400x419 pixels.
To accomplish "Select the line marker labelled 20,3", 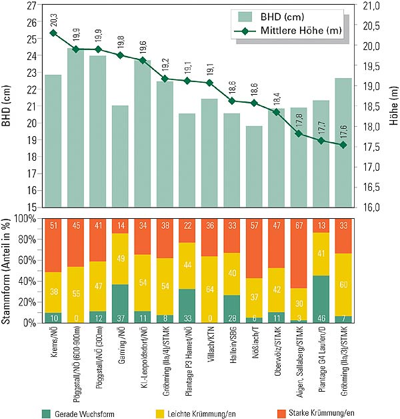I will point(53,33).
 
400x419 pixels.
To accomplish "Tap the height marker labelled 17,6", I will point(343,145).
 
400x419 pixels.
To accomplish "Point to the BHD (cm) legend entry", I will point(272,16).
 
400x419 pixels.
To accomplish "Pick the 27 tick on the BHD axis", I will point(31,5).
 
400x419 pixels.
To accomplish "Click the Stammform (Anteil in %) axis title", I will point(8,270).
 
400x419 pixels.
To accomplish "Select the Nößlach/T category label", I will point(255,346).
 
